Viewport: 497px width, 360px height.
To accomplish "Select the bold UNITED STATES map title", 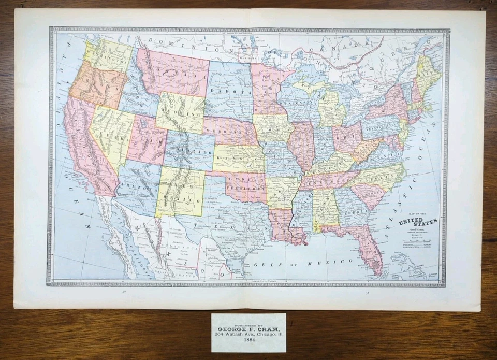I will [417, 222].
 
